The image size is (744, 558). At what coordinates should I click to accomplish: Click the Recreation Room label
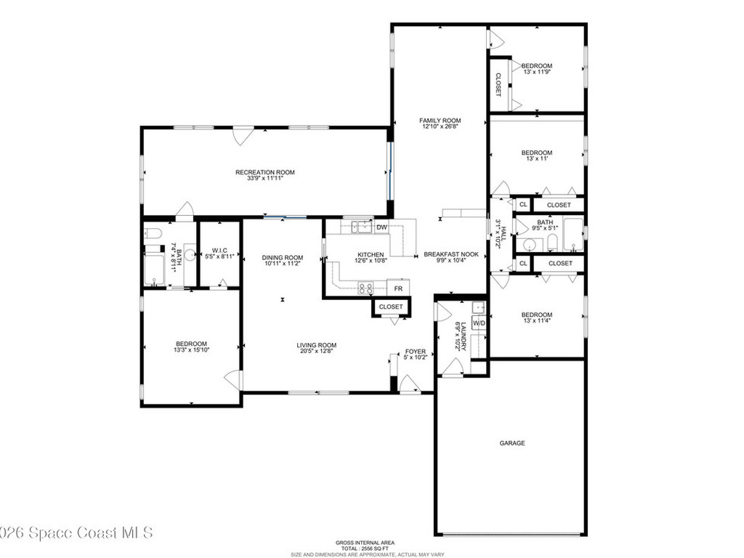click(264, 172)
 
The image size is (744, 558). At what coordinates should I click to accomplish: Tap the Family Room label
click(440, 121)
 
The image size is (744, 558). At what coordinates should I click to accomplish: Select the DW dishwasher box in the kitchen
click(381, 227)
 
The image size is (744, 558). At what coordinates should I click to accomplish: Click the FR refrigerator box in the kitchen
click(398, 288)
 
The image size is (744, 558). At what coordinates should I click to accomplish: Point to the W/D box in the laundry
click(479, 322)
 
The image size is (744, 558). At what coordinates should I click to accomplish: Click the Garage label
click(511, 442)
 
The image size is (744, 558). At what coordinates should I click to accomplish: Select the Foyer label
click(416, 351)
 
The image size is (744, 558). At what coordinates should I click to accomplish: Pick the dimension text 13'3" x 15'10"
click(191, 350)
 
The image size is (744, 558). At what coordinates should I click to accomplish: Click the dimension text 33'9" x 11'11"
click(264, 179)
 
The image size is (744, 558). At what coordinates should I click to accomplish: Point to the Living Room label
click(316, 345)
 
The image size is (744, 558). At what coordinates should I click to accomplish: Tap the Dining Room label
click(283, 257)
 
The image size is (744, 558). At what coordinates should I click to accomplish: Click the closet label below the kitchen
click(391, 307)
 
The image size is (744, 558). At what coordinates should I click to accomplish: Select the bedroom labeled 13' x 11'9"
click(536, 66)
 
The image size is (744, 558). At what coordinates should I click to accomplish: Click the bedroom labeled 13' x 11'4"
click(536, 315)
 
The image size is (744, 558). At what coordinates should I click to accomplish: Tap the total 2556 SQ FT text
click(365, 549)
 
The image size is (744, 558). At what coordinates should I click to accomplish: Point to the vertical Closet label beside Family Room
click(498, 85)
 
